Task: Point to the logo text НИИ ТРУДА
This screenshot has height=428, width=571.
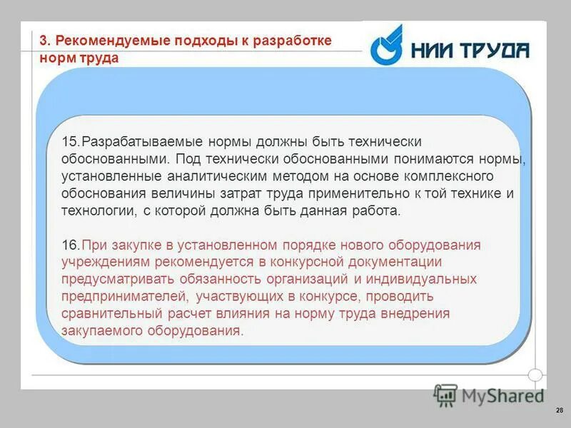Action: click(470, 49)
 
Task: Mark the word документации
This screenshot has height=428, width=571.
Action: click(393, 262)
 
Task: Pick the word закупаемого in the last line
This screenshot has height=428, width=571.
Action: click(101, 331)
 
